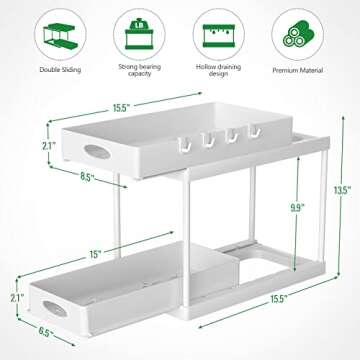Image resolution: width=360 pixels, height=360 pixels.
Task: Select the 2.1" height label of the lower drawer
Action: (14, 297)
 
